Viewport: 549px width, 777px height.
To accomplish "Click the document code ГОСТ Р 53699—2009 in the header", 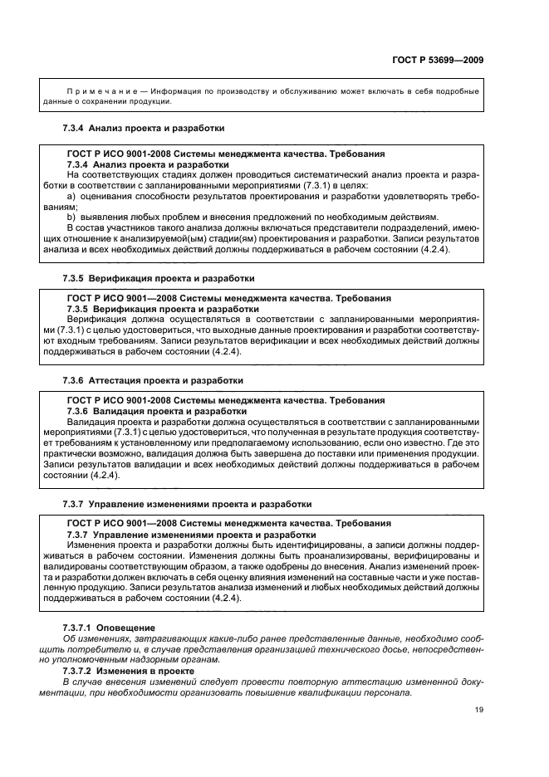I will click(437, 60).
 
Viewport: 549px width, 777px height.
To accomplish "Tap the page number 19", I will click(479, 709).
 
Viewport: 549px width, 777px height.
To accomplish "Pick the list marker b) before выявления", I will click(71, 217).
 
